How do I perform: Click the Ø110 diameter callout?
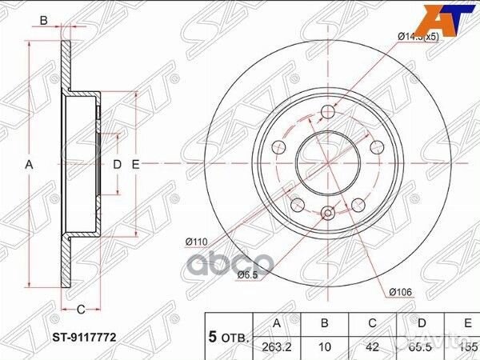point(196,242)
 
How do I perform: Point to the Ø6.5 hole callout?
point(247,275)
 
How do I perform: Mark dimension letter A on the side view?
point(29,164)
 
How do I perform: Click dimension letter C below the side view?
point(81,308)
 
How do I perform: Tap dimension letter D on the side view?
point(116,164)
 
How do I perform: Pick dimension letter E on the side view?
point(136,164)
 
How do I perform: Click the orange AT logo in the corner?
point(457,18)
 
